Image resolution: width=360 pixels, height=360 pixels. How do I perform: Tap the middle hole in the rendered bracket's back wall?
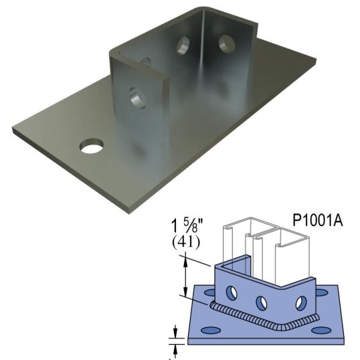click(x=183, y=46)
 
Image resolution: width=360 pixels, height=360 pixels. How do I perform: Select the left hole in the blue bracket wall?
click(x=230, y=292)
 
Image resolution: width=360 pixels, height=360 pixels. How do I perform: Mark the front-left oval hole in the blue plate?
click(x=213, y=331)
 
